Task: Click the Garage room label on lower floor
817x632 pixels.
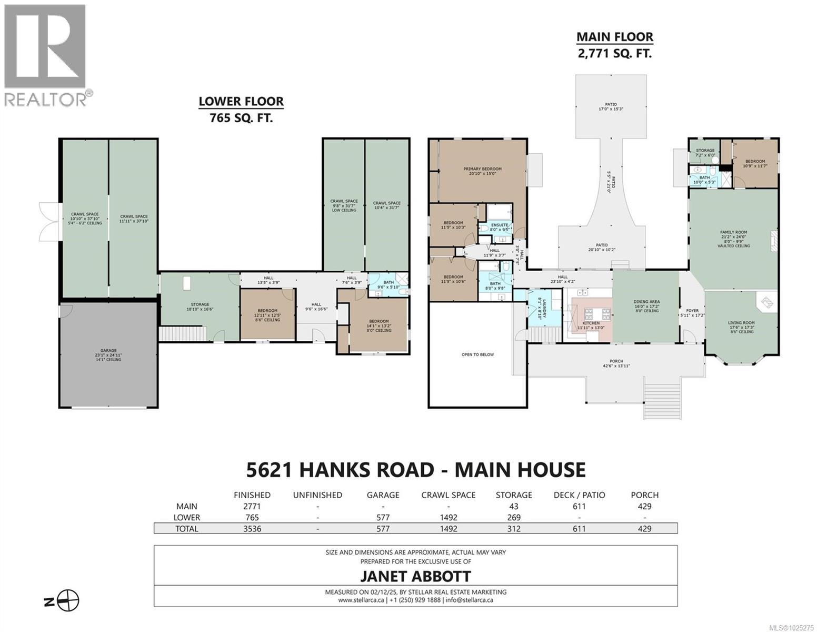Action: pos(108,350)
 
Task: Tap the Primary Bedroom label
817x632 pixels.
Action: pos(482,169)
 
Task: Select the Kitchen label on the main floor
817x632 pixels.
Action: pos(591,323)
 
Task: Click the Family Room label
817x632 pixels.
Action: pos(733,232)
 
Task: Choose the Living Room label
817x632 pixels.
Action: pos(741,323)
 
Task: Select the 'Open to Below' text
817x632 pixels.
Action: pos(477,354)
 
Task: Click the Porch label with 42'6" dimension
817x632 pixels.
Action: pos(616,361)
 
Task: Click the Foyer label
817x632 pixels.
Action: pos(692,311)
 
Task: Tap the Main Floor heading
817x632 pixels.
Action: pos(615,37)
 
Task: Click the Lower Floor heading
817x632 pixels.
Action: pos(241,102)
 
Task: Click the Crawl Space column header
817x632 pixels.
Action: pos(449,495)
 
